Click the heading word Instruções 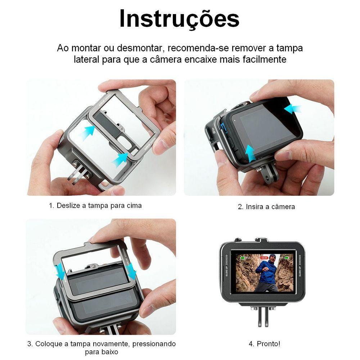[179, 19]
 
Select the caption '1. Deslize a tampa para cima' [95, 206]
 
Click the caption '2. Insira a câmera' [266, 207]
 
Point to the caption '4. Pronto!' [265, 344]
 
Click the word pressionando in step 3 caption [154, 344]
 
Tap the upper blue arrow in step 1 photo [87, 132]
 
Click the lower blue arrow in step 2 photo [250, 153]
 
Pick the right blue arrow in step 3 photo [131, 271]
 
